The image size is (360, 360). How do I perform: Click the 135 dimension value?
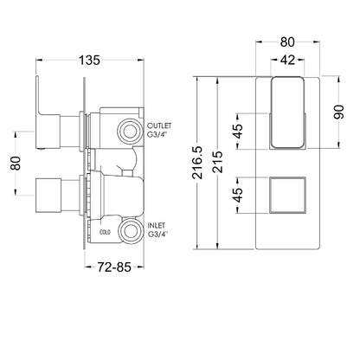point(89,60)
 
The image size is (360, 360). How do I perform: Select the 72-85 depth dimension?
point(114,267)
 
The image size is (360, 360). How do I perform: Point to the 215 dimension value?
point(219,162)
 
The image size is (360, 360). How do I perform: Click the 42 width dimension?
point(287,60)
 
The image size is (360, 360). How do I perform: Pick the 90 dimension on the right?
point(339,112)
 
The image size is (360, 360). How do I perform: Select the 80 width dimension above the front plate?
point(287,42)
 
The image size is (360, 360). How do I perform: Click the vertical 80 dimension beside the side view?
point(16,164)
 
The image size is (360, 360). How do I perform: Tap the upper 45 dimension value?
point(238,132)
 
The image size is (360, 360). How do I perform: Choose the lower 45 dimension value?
point(238,195)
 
